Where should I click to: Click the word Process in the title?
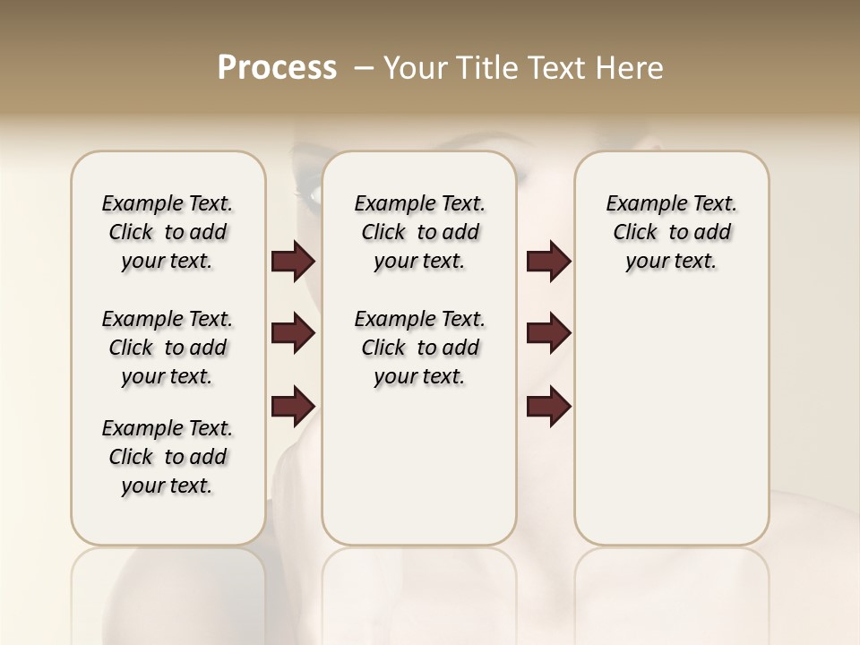tap(277, 68)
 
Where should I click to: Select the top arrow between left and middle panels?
tap(293, 262)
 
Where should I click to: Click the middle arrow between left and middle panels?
tap(293, 333)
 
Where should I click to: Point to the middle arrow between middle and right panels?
tap(548, 333)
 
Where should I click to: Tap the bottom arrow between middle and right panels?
tap(548, 406)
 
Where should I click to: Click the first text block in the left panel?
tap(168, 232)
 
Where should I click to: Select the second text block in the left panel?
tap(168, 348)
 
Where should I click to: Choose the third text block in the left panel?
tap(168, 457)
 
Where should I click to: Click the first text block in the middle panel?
tap(419, 232)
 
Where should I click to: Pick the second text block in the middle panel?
tap(419, 348)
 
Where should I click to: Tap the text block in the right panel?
tap(671, 232)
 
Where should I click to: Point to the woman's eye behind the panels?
tap(309, 191)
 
